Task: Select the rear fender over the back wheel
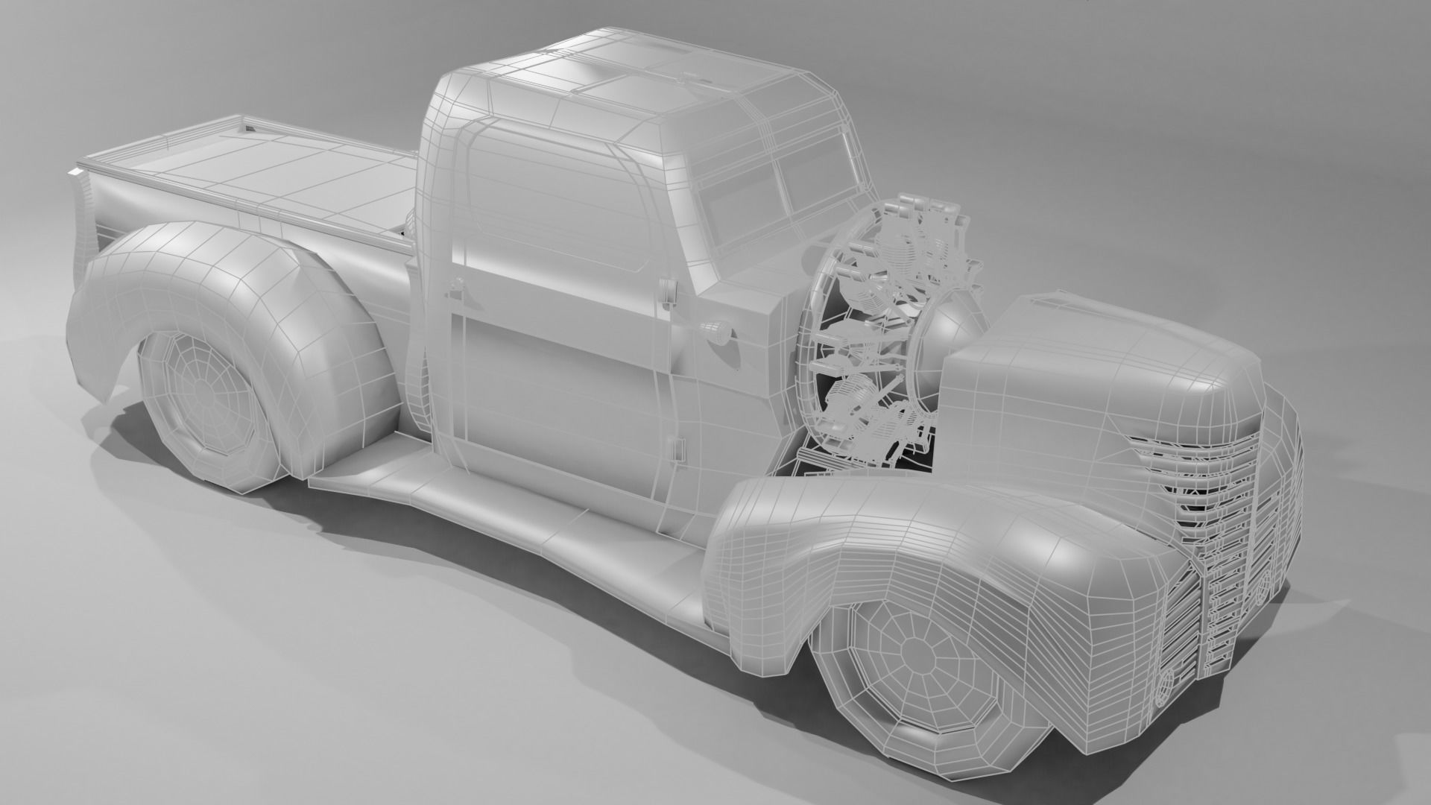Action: pyautogui.click(x=224, y=298)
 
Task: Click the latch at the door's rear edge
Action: pyautogui.click(x=455, y=286)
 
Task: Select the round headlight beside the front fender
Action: pyautogui.click(x=1165, y=685)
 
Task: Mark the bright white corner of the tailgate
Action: pyautogui.click(x=75, y=173)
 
